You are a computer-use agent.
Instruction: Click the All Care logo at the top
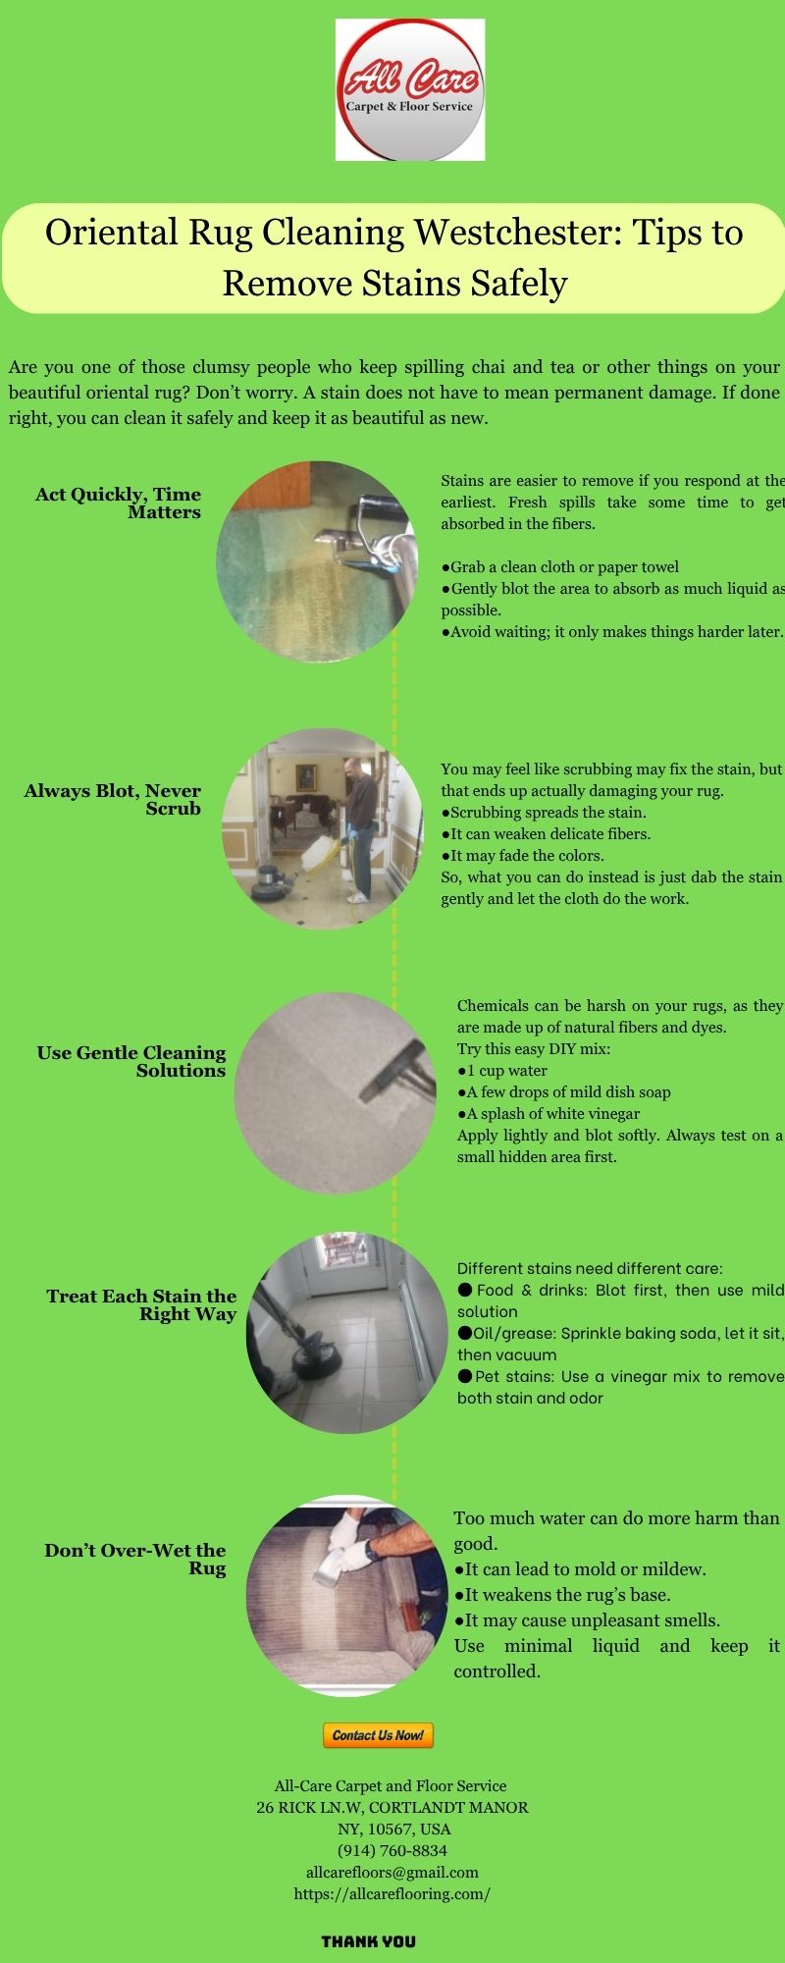click(410, 89)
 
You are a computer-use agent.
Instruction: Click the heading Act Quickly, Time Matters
click(118, 503)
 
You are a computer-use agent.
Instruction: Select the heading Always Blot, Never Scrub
click(113, 799)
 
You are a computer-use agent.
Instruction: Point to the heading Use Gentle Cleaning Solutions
click(131, 1061)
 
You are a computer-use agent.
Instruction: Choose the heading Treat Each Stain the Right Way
click(141, 1304)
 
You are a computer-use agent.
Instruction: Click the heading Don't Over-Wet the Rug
click(135, 1559)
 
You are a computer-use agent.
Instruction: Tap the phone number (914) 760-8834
click(392, 1850)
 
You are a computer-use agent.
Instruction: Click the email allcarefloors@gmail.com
click(392, 1872)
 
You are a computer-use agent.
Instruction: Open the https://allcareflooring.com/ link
click(392, 1893)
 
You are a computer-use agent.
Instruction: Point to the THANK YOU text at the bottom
click(369, 1940)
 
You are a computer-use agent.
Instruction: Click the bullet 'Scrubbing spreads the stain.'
click(544, 812)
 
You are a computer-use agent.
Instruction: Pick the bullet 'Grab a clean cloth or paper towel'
click(559, 566)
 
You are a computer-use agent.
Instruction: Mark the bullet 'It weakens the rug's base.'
click(562, 1594)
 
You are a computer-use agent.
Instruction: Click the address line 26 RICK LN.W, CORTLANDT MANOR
click(392, 1807)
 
